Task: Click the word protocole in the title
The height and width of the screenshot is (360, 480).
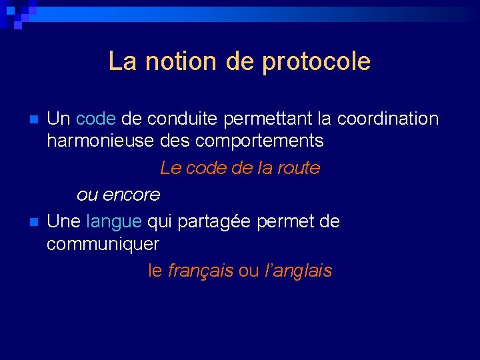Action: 317,62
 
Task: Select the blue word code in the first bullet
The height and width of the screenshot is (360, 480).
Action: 96,119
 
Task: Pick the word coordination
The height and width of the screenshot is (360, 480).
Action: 388,119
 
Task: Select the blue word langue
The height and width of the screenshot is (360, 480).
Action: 114,221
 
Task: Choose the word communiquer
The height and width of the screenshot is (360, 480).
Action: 103,244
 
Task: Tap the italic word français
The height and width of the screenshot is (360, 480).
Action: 201,271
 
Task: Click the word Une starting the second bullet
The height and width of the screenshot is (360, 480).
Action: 65,221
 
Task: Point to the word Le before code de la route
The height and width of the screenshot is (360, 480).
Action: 171,168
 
